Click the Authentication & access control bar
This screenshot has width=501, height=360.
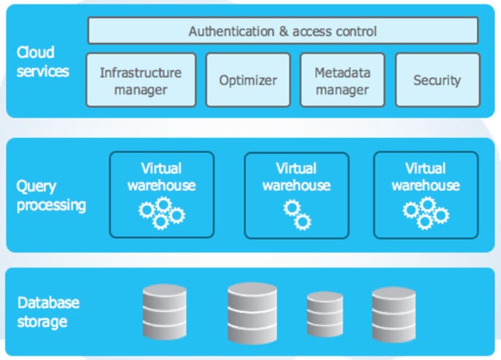pyautogui.click(x=283, y=31)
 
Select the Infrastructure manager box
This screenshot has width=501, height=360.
pyautogui.click(x=141, y=80)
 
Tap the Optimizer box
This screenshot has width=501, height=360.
pyautogui.click(x=248, y=80)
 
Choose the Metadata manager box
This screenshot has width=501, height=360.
pyautogui.click(x=342, y=80)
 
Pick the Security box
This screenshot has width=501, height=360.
pyautogui.click(x=437, y=80)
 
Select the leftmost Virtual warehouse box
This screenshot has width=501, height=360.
pyautogui.click(x=162, y=195)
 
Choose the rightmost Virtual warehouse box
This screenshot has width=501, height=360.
pyautogui.click(x=426, y=195)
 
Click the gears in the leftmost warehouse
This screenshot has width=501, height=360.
pyautogui.click(x=161, y=213)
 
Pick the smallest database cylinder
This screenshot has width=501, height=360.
pyautogui.click(x=325, y=313)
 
